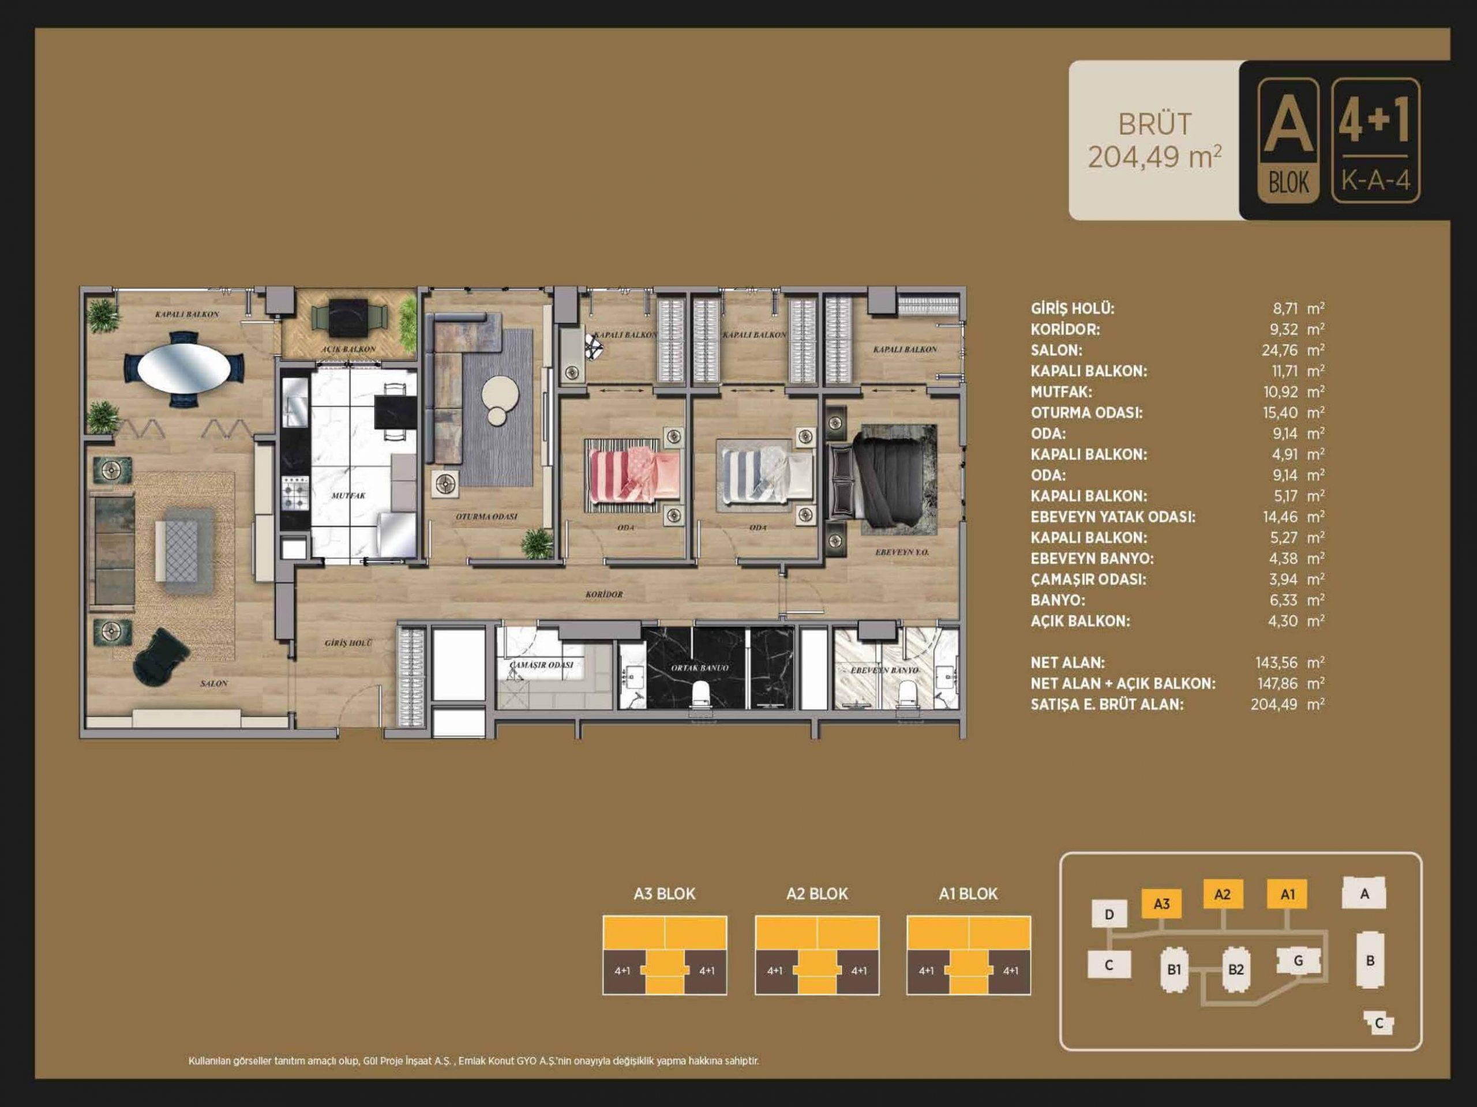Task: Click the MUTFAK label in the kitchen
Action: (348, 496)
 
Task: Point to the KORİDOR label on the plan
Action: (603, 594)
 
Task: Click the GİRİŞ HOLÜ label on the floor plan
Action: (348, 643)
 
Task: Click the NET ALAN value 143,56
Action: (1277, 662)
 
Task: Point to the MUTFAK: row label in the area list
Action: (1062, 391)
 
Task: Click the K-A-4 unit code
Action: (1375, 180)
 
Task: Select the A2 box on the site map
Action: (1223, 894)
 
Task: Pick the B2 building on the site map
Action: (1236, 969)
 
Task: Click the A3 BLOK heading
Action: (665, 894)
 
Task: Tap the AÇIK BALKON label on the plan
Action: (348, 349)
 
